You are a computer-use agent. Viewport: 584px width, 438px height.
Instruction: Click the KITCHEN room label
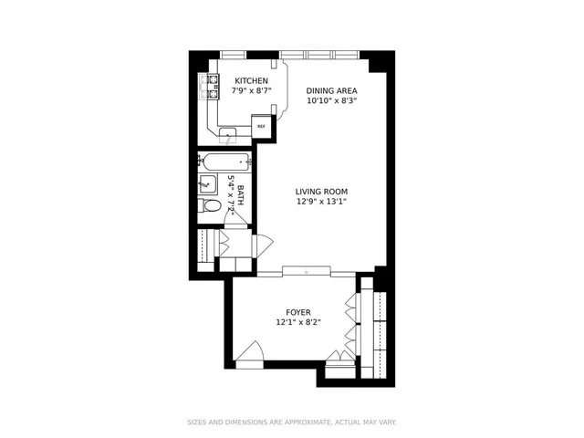pos(251,80)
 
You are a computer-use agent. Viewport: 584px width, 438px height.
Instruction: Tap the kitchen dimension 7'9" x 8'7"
pos(251,91)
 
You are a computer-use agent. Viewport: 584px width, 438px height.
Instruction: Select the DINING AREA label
pos(331,91)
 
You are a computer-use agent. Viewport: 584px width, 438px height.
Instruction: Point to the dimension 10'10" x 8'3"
pos(331,102)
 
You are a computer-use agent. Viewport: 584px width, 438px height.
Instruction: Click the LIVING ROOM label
pos(321,192)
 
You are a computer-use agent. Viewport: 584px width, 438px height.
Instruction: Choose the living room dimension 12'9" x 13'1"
pos(321,203)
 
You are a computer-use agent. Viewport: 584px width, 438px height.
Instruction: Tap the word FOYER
pos(299,312)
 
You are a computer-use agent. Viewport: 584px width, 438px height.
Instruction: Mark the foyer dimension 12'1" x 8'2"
pos(299,323)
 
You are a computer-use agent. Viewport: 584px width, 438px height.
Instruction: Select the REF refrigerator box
pos(262,127)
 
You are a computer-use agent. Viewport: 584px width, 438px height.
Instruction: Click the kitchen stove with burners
pos(209,88)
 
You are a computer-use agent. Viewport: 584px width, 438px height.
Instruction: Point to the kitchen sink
pos(226,135)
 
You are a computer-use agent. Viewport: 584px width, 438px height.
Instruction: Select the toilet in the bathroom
pos(211,206)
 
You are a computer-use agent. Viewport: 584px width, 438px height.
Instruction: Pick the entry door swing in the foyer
pos(249,354)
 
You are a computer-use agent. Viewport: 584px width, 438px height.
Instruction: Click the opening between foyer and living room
pos(306,272)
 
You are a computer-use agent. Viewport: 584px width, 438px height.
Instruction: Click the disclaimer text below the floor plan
pos(292,422)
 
